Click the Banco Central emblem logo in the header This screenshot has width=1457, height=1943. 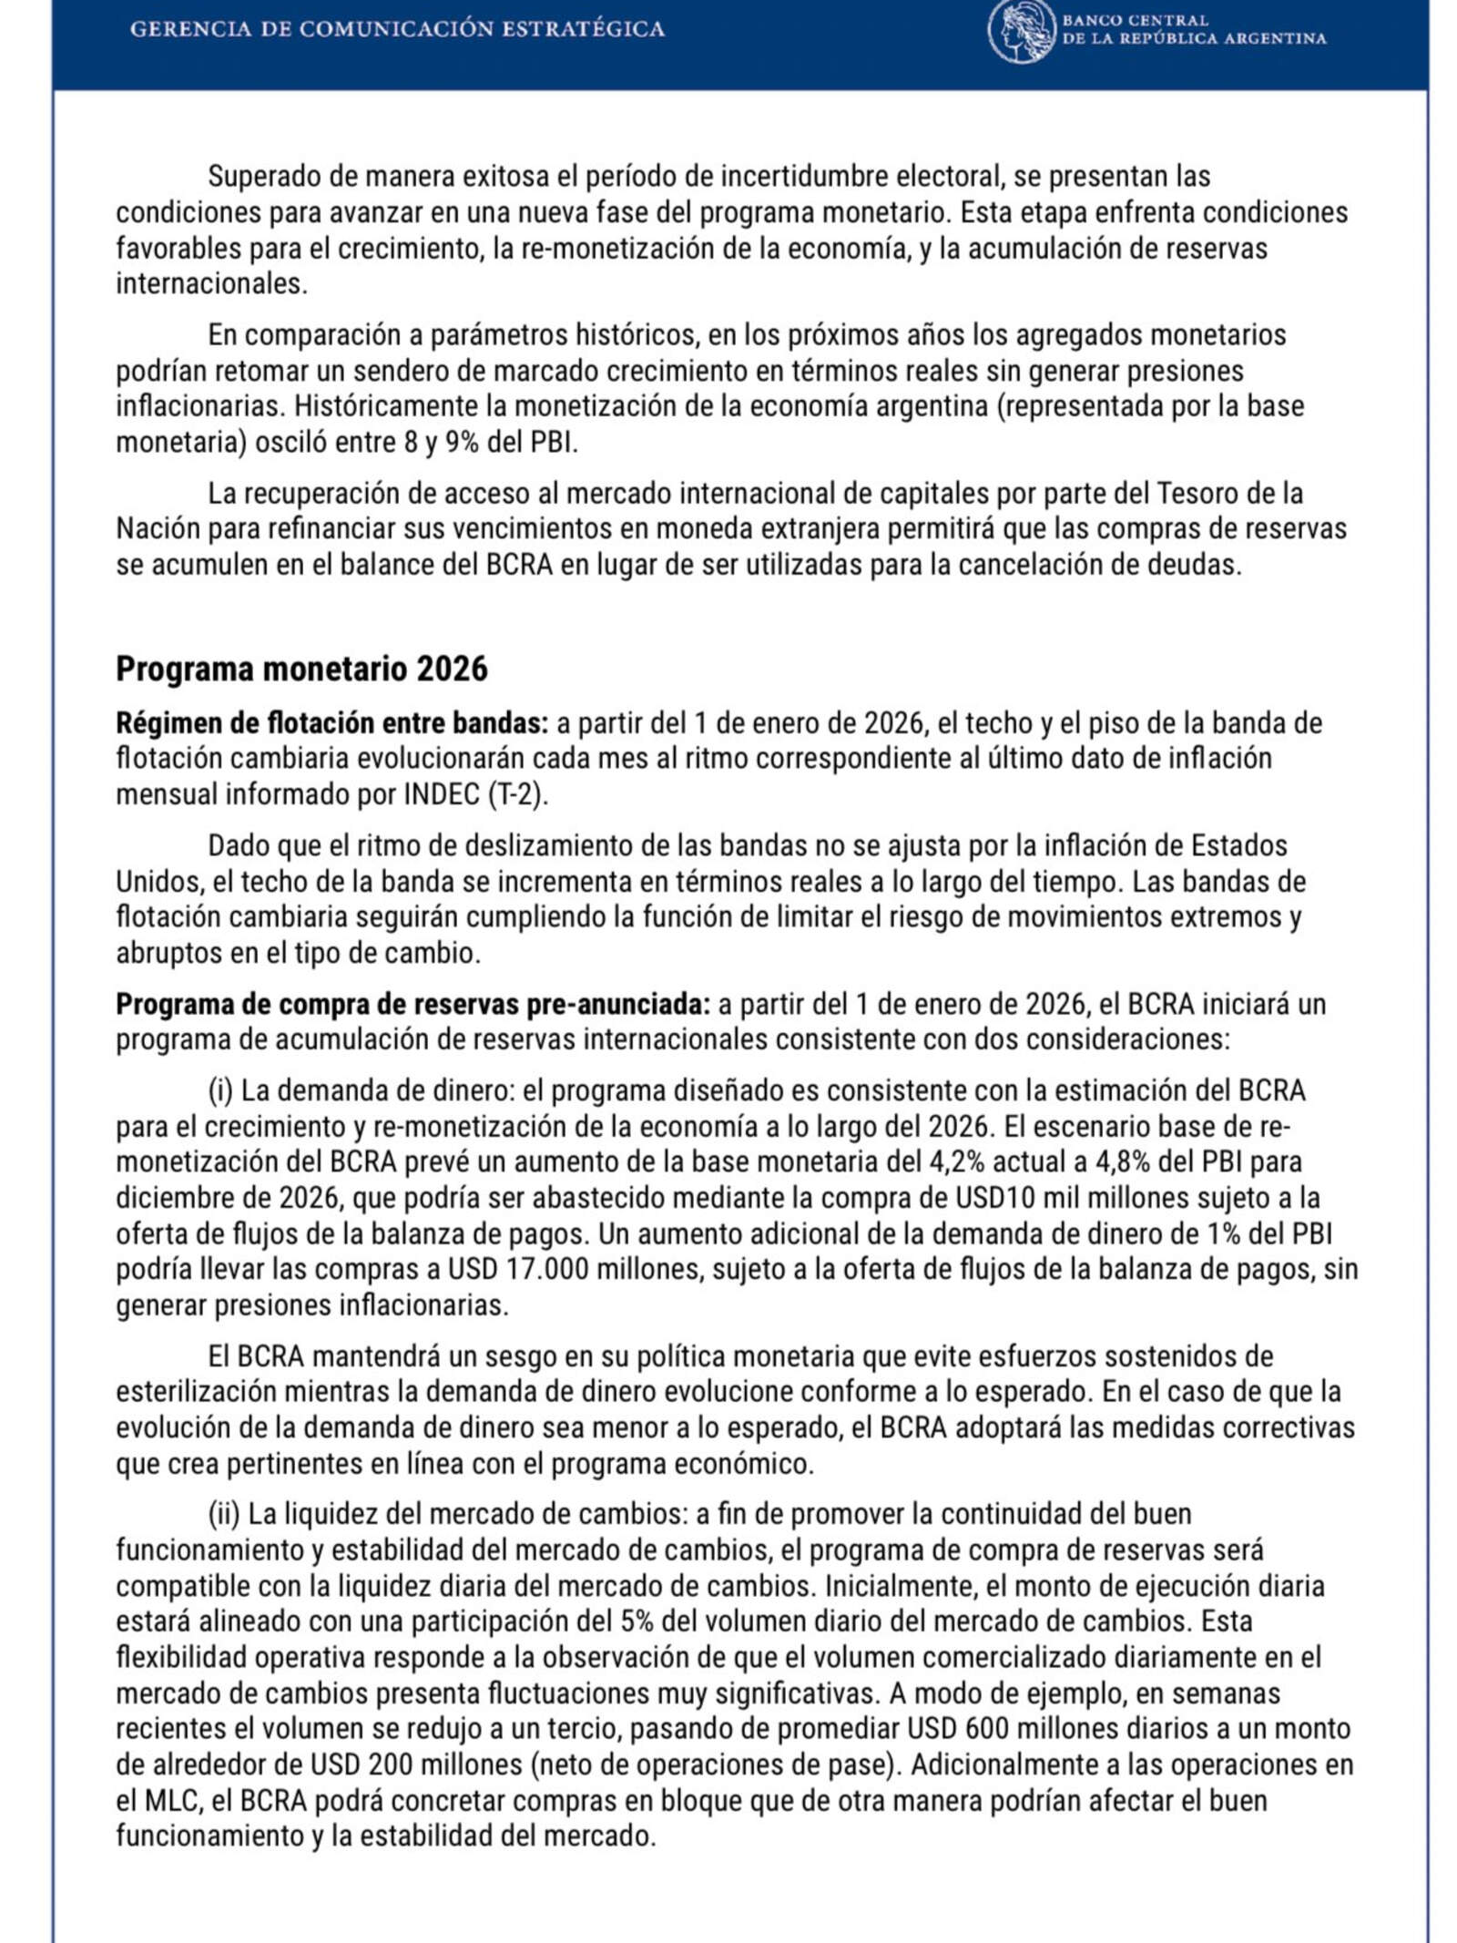coord(1021,32)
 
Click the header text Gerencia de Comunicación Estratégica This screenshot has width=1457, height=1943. coord(397,29)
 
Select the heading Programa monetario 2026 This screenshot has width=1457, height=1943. coord(301,669)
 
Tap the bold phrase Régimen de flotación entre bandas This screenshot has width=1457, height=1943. coord(331,723)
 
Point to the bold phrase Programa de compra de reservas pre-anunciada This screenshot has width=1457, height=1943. coord(412,1004)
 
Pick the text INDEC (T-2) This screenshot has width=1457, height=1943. coord(475,794)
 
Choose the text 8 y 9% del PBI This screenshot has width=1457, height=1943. coord(488,443)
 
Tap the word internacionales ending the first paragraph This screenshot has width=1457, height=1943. coord(210,283)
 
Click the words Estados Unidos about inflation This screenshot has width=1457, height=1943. coord(1238,845)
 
